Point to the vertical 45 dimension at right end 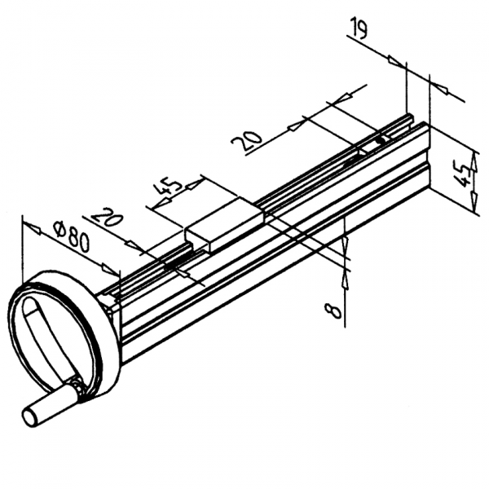pyautogui.click(x=464, y=172)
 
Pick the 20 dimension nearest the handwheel pyautogui.click(x=107, y=220)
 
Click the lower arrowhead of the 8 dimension pyautogui.click(x=346, y=276)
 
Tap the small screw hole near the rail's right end pyautogui.click(x=380, y=141)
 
